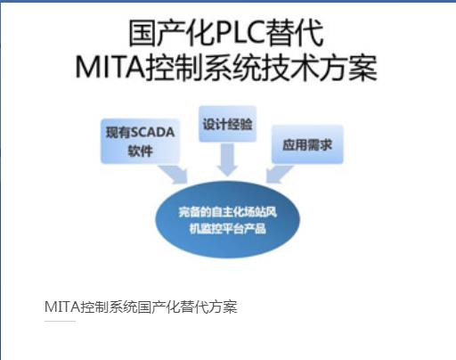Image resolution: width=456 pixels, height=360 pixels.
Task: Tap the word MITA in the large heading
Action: pyautogui.click(x=110, y=68)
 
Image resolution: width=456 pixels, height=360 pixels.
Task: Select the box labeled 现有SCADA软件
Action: pyautogui.click(x=140, y=142)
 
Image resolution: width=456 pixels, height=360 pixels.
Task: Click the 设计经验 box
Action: pyautogui.click(x=227, y=124)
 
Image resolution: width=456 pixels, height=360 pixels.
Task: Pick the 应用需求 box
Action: pyautogui.click(x=307, y=144)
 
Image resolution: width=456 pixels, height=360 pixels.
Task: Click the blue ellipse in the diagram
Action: pyautogui.click(x=227, y=220)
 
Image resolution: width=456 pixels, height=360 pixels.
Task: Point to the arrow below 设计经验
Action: pyautogui.click(x=227, y=160)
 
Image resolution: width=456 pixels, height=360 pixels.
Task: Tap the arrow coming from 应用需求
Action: pyautogui.click(x=279, y=174)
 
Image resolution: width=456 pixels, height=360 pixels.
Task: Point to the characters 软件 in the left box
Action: pyautogui.click(x=140, y=151)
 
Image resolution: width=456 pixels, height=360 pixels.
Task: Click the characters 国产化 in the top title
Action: pyautogui.click(x=172, y=33)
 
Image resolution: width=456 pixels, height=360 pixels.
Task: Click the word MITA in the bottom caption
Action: pyautogui.click(x=62, y=307)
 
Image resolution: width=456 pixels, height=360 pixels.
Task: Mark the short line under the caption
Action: pyautogui.click(x=60, y=321)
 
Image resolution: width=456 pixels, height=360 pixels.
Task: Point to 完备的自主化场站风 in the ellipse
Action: pyautogui.click(x=227, y=212)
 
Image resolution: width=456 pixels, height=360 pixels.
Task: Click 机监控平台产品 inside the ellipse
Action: pyautogui.click(x=227, y=228)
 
